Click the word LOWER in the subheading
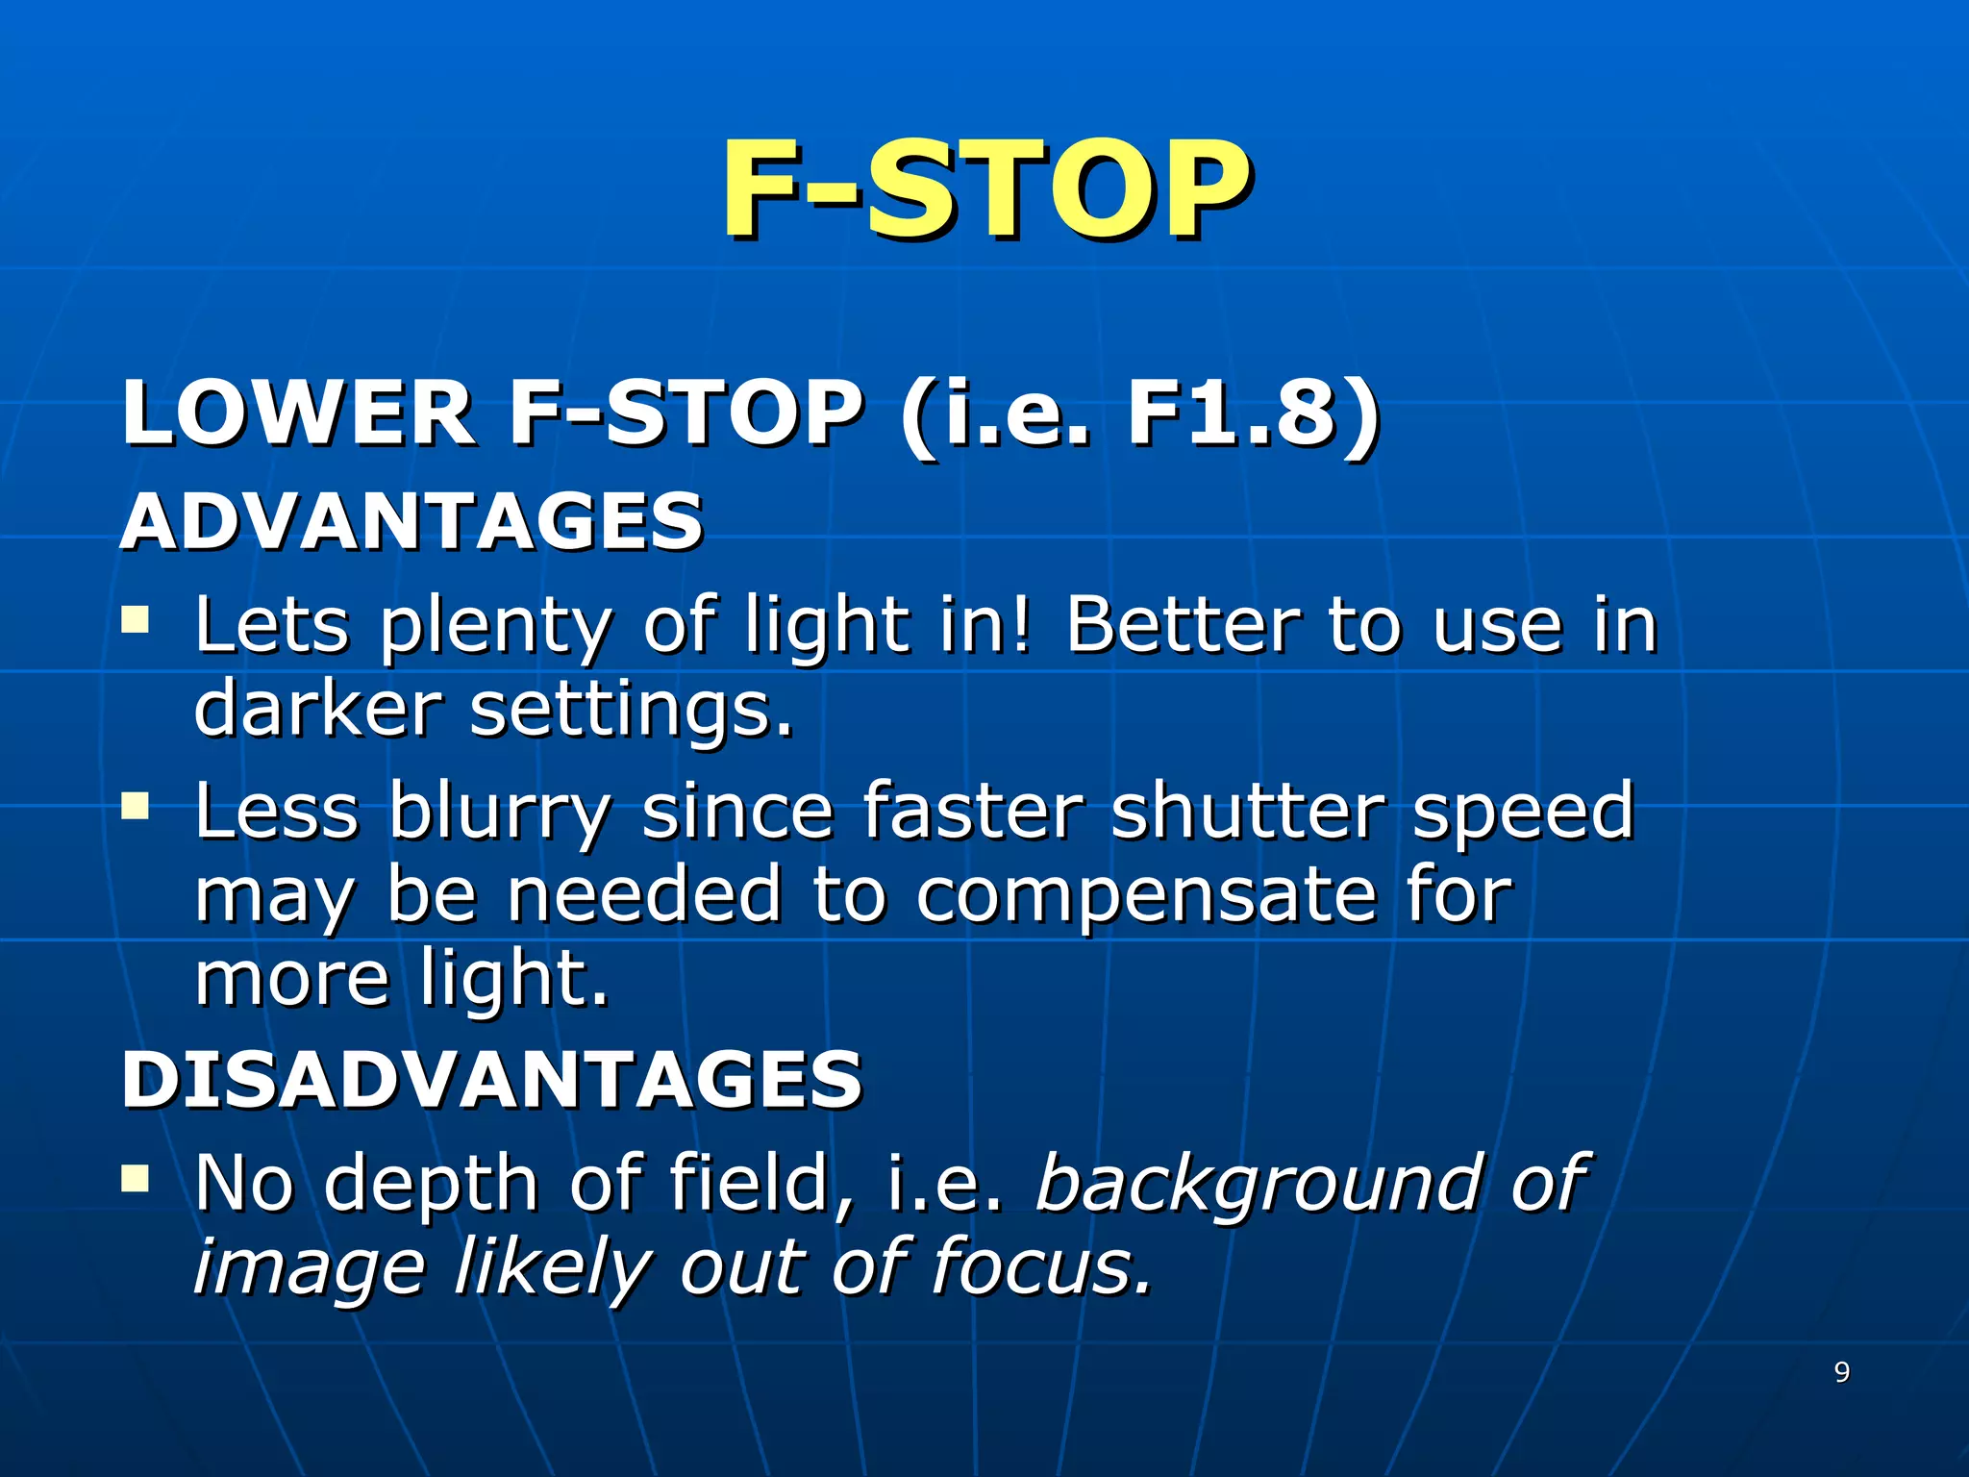tap(297, 413)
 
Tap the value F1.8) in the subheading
tap(1253, 413)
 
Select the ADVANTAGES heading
tap(411, 521)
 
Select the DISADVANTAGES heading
tap(491, 1079)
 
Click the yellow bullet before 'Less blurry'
tap(136, 804)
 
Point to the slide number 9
tap(1842, 1372)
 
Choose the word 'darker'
tap(317, 709)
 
